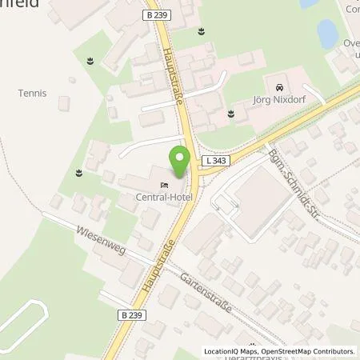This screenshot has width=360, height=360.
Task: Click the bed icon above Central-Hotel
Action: coord(164,185)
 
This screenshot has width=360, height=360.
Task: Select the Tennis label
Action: coord(33,94)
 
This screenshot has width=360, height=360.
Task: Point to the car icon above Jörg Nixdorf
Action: coord(278,86)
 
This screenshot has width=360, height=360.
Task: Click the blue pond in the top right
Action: coord(327,34)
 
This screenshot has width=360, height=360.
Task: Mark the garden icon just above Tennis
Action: coord(90,61)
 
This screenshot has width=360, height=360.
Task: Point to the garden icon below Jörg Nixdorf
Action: coord(232,114)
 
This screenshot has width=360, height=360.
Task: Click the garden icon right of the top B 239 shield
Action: coord(201,32)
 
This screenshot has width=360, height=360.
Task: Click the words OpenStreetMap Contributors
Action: coord(310,351)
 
